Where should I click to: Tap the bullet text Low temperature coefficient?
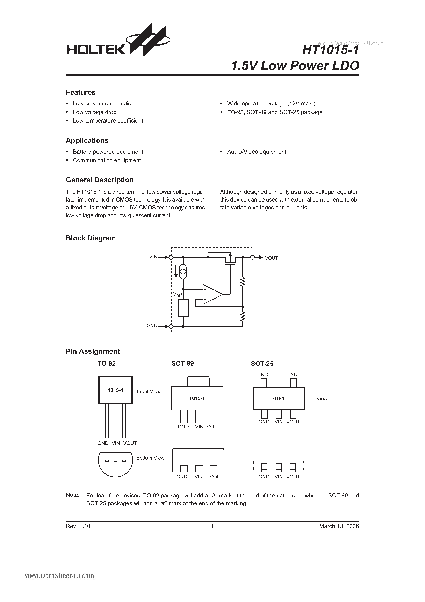(108, 121)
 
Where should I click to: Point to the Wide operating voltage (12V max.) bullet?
(271, 104)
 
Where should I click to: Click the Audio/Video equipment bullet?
(256, 152)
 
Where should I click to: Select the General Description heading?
(100, 180)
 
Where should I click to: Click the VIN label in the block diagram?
(153, 257)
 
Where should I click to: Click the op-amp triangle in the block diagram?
(211, 294)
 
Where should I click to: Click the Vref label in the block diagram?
(177, 295)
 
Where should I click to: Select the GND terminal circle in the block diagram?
(171, 327)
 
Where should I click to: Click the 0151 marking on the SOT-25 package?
(278, 399)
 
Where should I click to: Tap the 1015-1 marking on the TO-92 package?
(115, 390)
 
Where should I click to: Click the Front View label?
(149, 391)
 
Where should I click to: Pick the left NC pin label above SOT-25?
(264, 375)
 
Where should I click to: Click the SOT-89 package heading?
(182, 363)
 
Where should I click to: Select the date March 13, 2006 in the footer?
(339, 526)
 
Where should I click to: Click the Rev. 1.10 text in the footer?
(78, 526)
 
